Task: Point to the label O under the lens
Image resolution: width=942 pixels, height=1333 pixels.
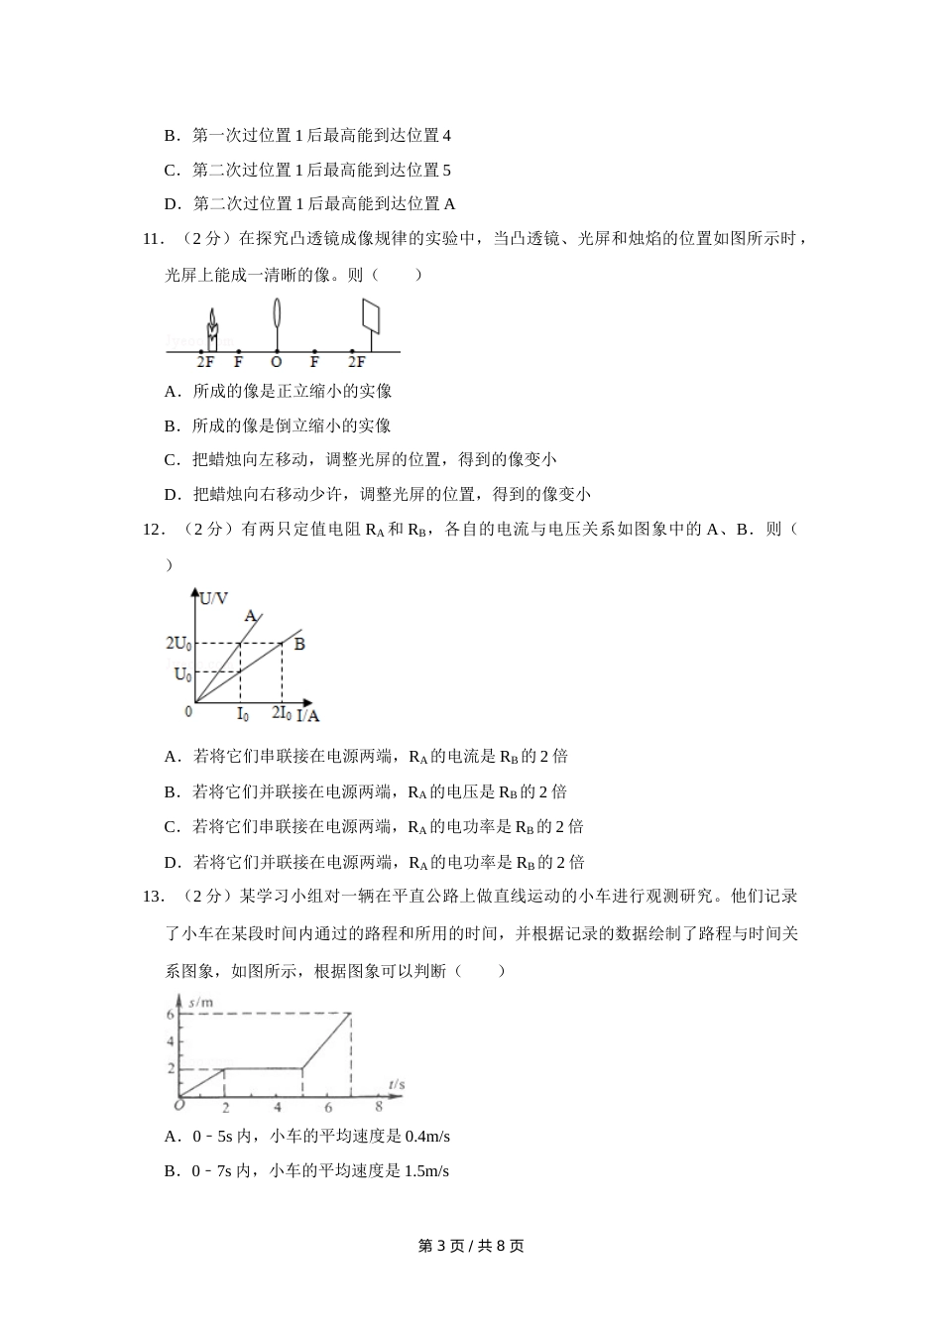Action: (277, 363)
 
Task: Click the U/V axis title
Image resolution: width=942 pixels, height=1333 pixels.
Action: (213, 598)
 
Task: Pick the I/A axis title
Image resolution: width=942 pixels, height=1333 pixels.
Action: (308, 714)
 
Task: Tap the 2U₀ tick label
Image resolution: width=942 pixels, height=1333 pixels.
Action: (178, 643)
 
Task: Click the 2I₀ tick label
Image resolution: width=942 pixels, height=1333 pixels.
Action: (282, 713)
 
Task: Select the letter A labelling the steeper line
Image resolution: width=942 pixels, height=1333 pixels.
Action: (250, 615)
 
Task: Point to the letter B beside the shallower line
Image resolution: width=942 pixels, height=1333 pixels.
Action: (299, 644)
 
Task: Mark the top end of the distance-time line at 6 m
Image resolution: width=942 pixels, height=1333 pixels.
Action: (351, 1013)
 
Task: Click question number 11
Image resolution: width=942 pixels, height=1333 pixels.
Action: (153, 238)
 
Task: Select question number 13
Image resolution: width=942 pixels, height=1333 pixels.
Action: (153, 897)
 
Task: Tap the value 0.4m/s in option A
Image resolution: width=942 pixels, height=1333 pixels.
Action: (435, 1137)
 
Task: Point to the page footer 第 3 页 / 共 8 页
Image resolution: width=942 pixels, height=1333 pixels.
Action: (471, 1246)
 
